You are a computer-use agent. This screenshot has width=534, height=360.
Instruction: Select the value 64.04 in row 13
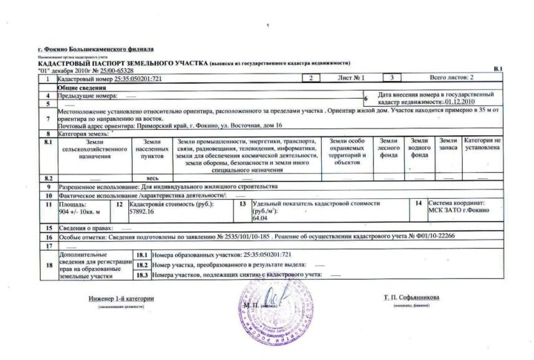[260, 219]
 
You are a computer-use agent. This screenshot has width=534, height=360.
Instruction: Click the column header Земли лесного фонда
[389, 148]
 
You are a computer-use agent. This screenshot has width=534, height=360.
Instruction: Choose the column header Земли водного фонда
[419, 148]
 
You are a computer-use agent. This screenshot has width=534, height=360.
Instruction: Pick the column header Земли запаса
[448, 145]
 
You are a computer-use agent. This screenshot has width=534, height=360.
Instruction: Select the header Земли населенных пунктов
[152, 148]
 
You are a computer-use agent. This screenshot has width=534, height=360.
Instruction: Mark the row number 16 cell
[48, 236]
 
